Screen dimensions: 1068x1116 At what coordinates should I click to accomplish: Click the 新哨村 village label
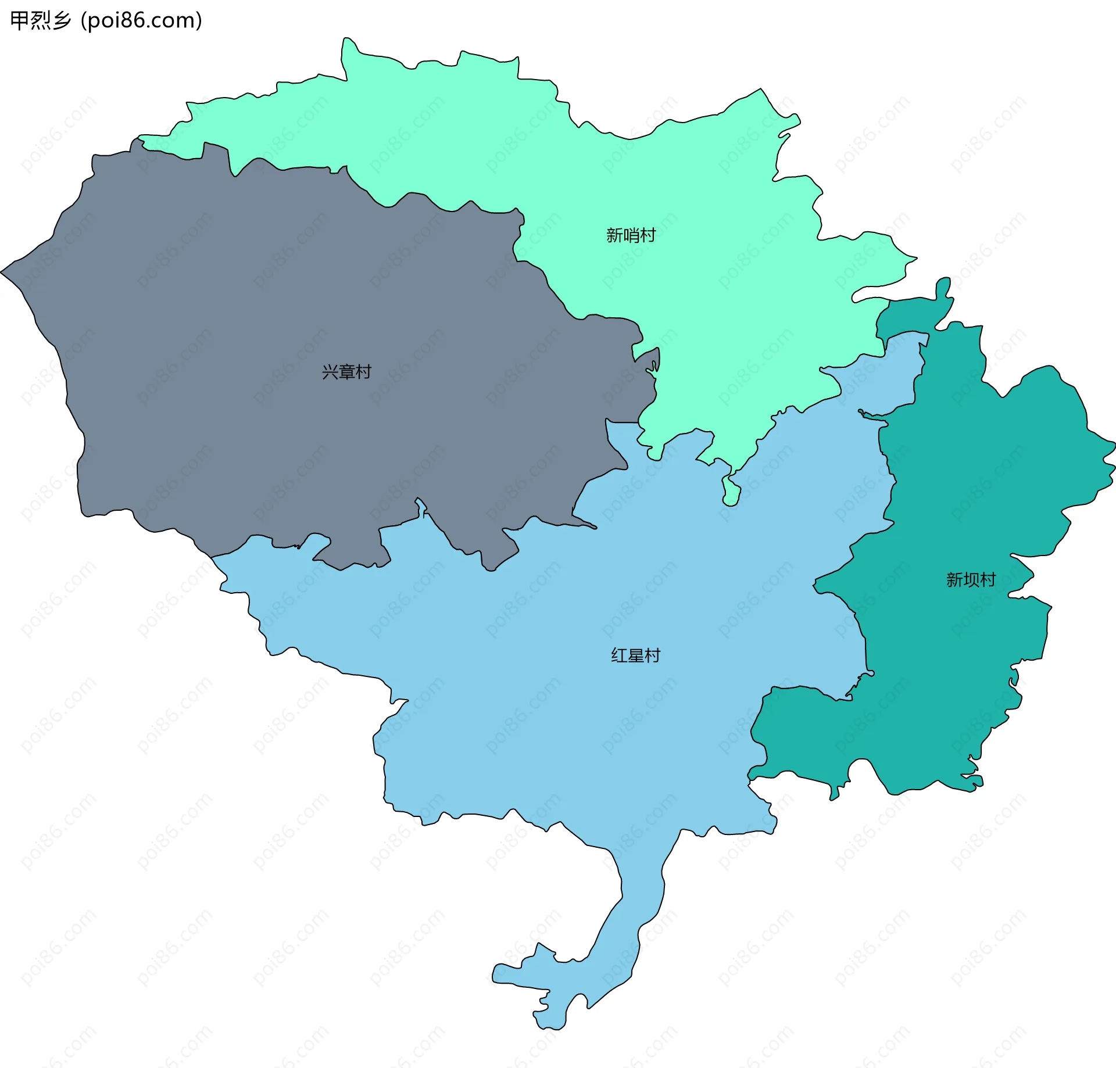tap(631, 235)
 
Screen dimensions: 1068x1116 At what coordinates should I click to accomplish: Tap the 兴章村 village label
tap(346, 372)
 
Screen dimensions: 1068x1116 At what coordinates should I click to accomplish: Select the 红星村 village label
tap(635, 655)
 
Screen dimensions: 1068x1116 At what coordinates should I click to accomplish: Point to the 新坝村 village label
tap(971, 579)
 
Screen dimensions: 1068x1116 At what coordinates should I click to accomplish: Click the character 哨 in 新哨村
tap(631, 235)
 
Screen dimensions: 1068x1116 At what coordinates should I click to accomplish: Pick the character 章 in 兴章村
tap(347, 372)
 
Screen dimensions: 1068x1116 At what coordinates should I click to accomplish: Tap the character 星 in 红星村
tap(636, 655)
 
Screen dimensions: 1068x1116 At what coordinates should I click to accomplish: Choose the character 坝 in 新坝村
tap(971, 579)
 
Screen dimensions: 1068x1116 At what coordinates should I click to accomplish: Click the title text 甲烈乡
tap(41, 21)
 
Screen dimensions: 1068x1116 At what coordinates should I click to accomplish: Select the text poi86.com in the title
tap(142, 21)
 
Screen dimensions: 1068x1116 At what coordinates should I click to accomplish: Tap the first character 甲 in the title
tap(19, 21)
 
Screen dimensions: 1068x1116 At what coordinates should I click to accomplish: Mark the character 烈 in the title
tap(41, 21)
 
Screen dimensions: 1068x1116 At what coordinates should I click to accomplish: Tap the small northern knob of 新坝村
tap(943, 288)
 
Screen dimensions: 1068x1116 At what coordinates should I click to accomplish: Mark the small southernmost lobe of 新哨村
tap(731, 493)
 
